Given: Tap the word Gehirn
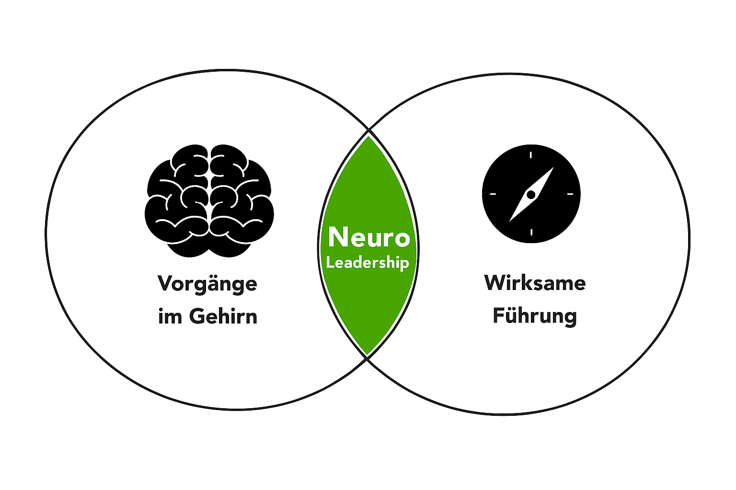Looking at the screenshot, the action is point(223,316).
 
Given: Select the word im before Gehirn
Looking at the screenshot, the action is point(170,316).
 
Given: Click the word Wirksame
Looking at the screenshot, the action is point(535,283).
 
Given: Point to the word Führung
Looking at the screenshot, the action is point(535,316).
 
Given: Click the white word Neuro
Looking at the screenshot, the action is point(369,237).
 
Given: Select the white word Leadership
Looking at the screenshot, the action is point(368,263).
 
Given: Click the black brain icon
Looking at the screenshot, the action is point(209,200).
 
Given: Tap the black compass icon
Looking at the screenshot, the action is point(531,194).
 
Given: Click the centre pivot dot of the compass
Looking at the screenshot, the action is point(531,195).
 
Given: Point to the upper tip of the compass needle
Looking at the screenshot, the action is point(553,167).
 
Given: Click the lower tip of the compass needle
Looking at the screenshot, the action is point(510,221).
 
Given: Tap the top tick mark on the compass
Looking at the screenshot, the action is point(531,155).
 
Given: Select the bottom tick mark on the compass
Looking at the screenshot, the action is point(531,233).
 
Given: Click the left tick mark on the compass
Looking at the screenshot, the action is point(493,194).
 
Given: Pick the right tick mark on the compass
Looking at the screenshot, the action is point(570,194).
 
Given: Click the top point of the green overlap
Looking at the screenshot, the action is point(368,136).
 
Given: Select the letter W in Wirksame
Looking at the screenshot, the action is point(496,283).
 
